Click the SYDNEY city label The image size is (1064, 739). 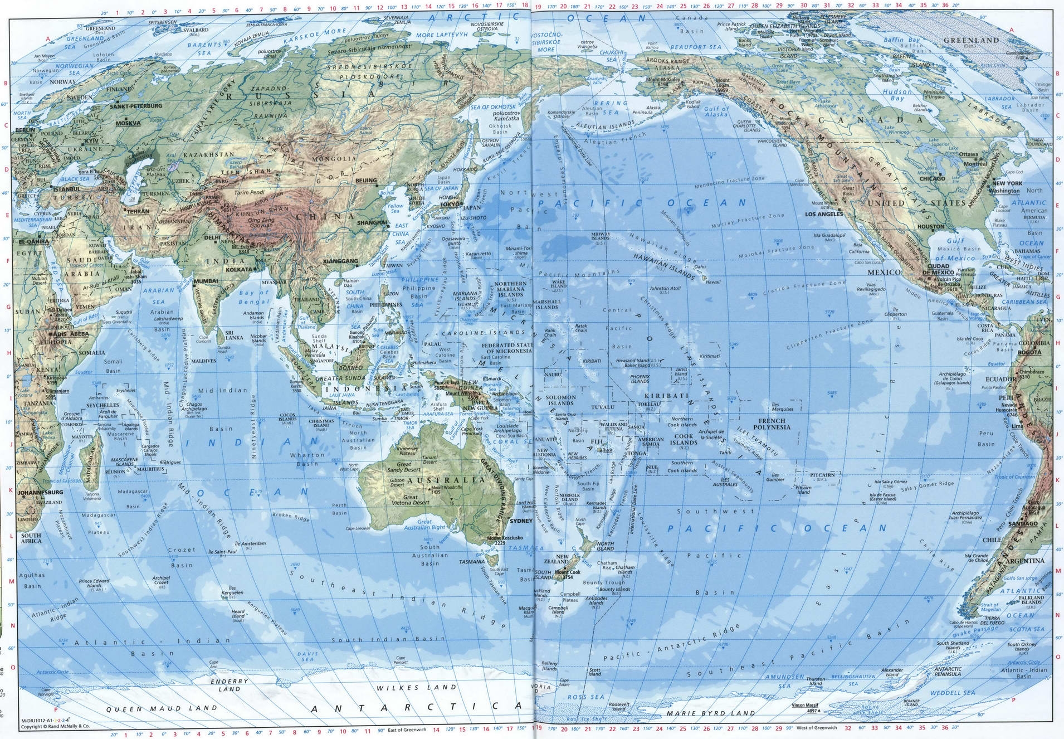pos(521,521)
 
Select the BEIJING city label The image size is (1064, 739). pos(366,181)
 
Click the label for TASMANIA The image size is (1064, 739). pos(471,562)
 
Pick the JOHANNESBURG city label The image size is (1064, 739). pos(40,493)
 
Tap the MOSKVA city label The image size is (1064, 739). pos(128,123)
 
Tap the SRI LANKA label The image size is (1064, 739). pos(233,335)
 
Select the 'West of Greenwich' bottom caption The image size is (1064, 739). pos(816,728)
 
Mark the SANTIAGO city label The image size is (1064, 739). pos(1022,523)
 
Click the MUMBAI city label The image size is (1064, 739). pos(206,281)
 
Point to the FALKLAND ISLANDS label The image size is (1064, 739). pos(1031,600)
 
